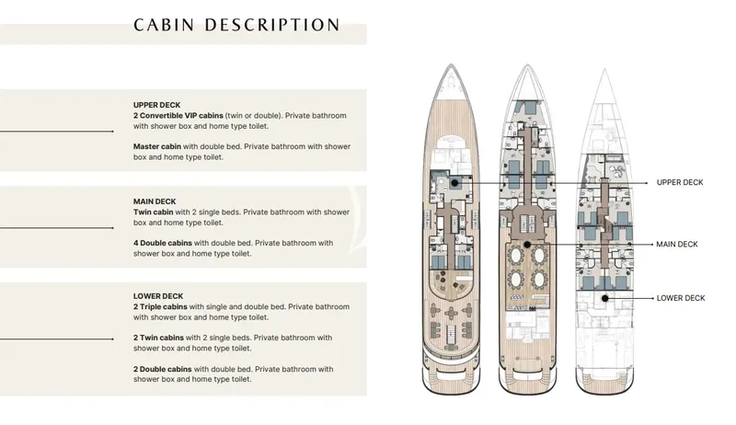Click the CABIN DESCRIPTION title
pyautogui.click(x=236, y=25)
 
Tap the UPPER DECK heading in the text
pyautogui.click(x=156, y=105)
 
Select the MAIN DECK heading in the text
pyautogui.click(x=155, y=201)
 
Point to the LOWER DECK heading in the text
pyautogui.click(x=158, y=296)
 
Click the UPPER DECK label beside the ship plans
pyautogui.click(x=680, y=182)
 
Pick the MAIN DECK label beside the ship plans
pyautogui.click(x=677, y=245)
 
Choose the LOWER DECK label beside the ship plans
pyautogui.click(x=681, y=298)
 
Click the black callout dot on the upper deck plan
pyautogui.click(x=454, y=182)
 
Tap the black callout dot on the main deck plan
pyautogui.click(x=527, y=245)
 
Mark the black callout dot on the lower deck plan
pyautogui.click(x=605, y=298)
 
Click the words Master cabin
pyautogui.click(x=157, y=146)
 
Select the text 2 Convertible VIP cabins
pyautogui.click(x=178, y=115)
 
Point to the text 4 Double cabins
pyautogui.click(x=163, y=243)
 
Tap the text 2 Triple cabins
pyautogui.click(x=160, y=306)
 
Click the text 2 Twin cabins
pyautogui.click(x=158, y=338)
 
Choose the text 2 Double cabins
pyautogui.click(x=163, y=369)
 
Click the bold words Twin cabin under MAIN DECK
pyautogui.click(x=154, y=212)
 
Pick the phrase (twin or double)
pyautogui.click(x=254, y=115)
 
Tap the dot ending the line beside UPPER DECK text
pyautogui.click(x=112, y=132)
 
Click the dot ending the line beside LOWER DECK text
pyautogui.click(x=112, y=339)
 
